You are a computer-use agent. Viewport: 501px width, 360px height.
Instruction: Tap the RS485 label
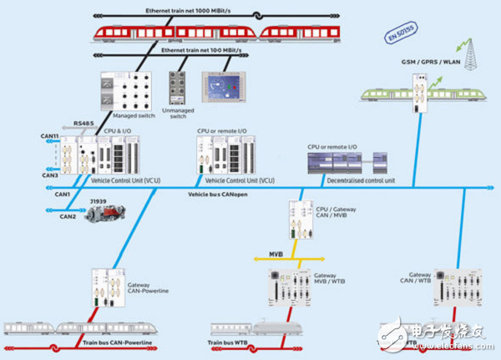pyautogui.click(x=83, y=124)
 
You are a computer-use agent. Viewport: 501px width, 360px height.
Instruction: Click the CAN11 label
pyautogui.click(x=50, y=136)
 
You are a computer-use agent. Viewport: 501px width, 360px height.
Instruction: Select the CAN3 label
pyautogui.click(x=50, y=176)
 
